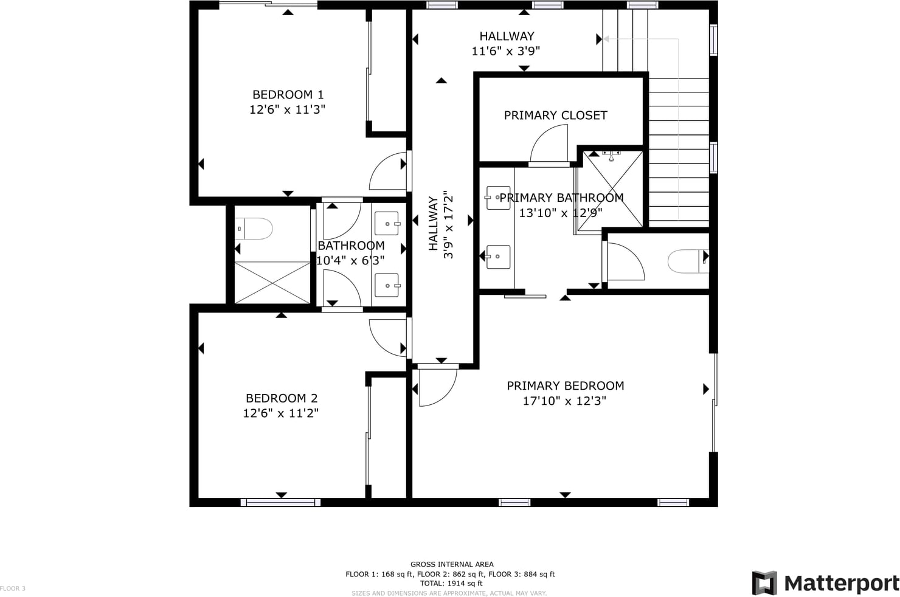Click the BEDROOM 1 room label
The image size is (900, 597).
(288, 95)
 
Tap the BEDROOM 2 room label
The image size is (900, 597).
(281, 398)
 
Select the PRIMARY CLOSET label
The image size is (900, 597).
(555, 116)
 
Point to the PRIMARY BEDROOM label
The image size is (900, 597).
(565, 385)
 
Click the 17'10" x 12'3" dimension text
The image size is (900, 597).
(564, 401)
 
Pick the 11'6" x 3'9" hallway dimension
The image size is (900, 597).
(505, 51)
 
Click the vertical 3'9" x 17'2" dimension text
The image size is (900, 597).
(448, 224)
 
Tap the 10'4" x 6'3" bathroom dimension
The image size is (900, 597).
(350, 260)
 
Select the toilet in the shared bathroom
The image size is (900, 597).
(254, 229)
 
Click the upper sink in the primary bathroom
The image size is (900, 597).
(498, 198)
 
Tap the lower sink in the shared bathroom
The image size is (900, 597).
(387, 285)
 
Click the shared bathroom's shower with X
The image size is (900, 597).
(272, 283)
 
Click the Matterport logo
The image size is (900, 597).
(825, 583)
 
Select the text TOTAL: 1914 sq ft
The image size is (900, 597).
(451, 584)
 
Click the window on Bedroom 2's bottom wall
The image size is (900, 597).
(280, 502)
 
